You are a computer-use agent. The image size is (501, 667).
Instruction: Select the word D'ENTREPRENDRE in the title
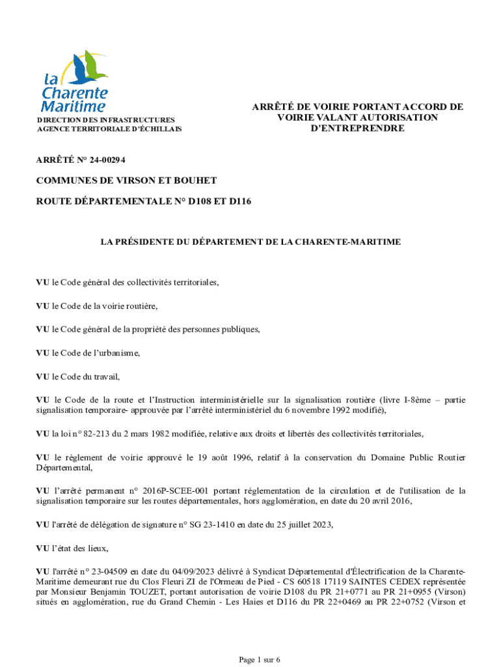(x=357, y=128)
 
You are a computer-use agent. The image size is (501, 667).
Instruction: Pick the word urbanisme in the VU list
(x=118, y=353)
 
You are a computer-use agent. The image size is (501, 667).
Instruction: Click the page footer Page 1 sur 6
(x=259, y=660)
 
